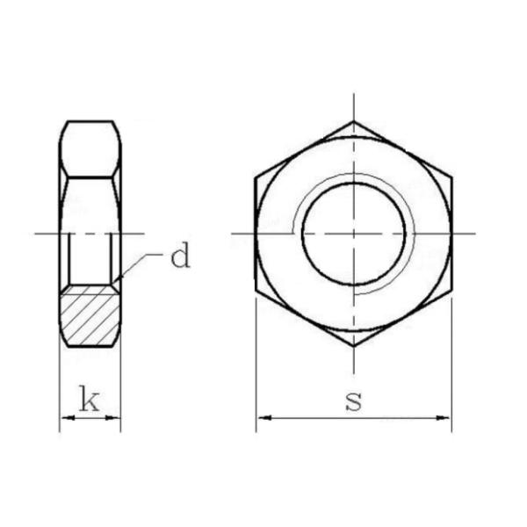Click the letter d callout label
click(x=180, y=256)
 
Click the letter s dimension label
click(x=354, y=401)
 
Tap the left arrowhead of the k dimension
click(x=68, y=418)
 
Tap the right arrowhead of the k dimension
click(x=112, y=418)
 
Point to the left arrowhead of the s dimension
click(x=264, y=418)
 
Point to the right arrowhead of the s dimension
click(x=443, y=418)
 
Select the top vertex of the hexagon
click(x=354, y=122)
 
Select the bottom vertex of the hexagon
click(x=354, y=346)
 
